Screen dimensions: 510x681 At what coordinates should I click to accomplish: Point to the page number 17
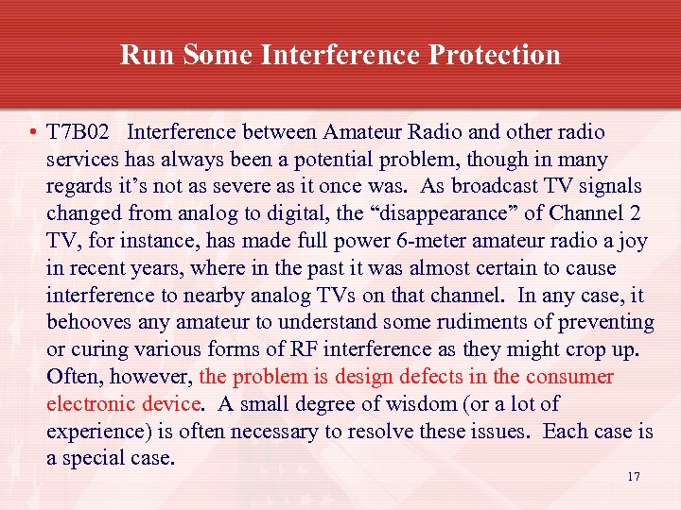(633, 476)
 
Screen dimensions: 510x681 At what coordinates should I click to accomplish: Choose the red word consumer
(570, 377)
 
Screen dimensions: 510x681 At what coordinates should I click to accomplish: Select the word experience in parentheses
(91, 432)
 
